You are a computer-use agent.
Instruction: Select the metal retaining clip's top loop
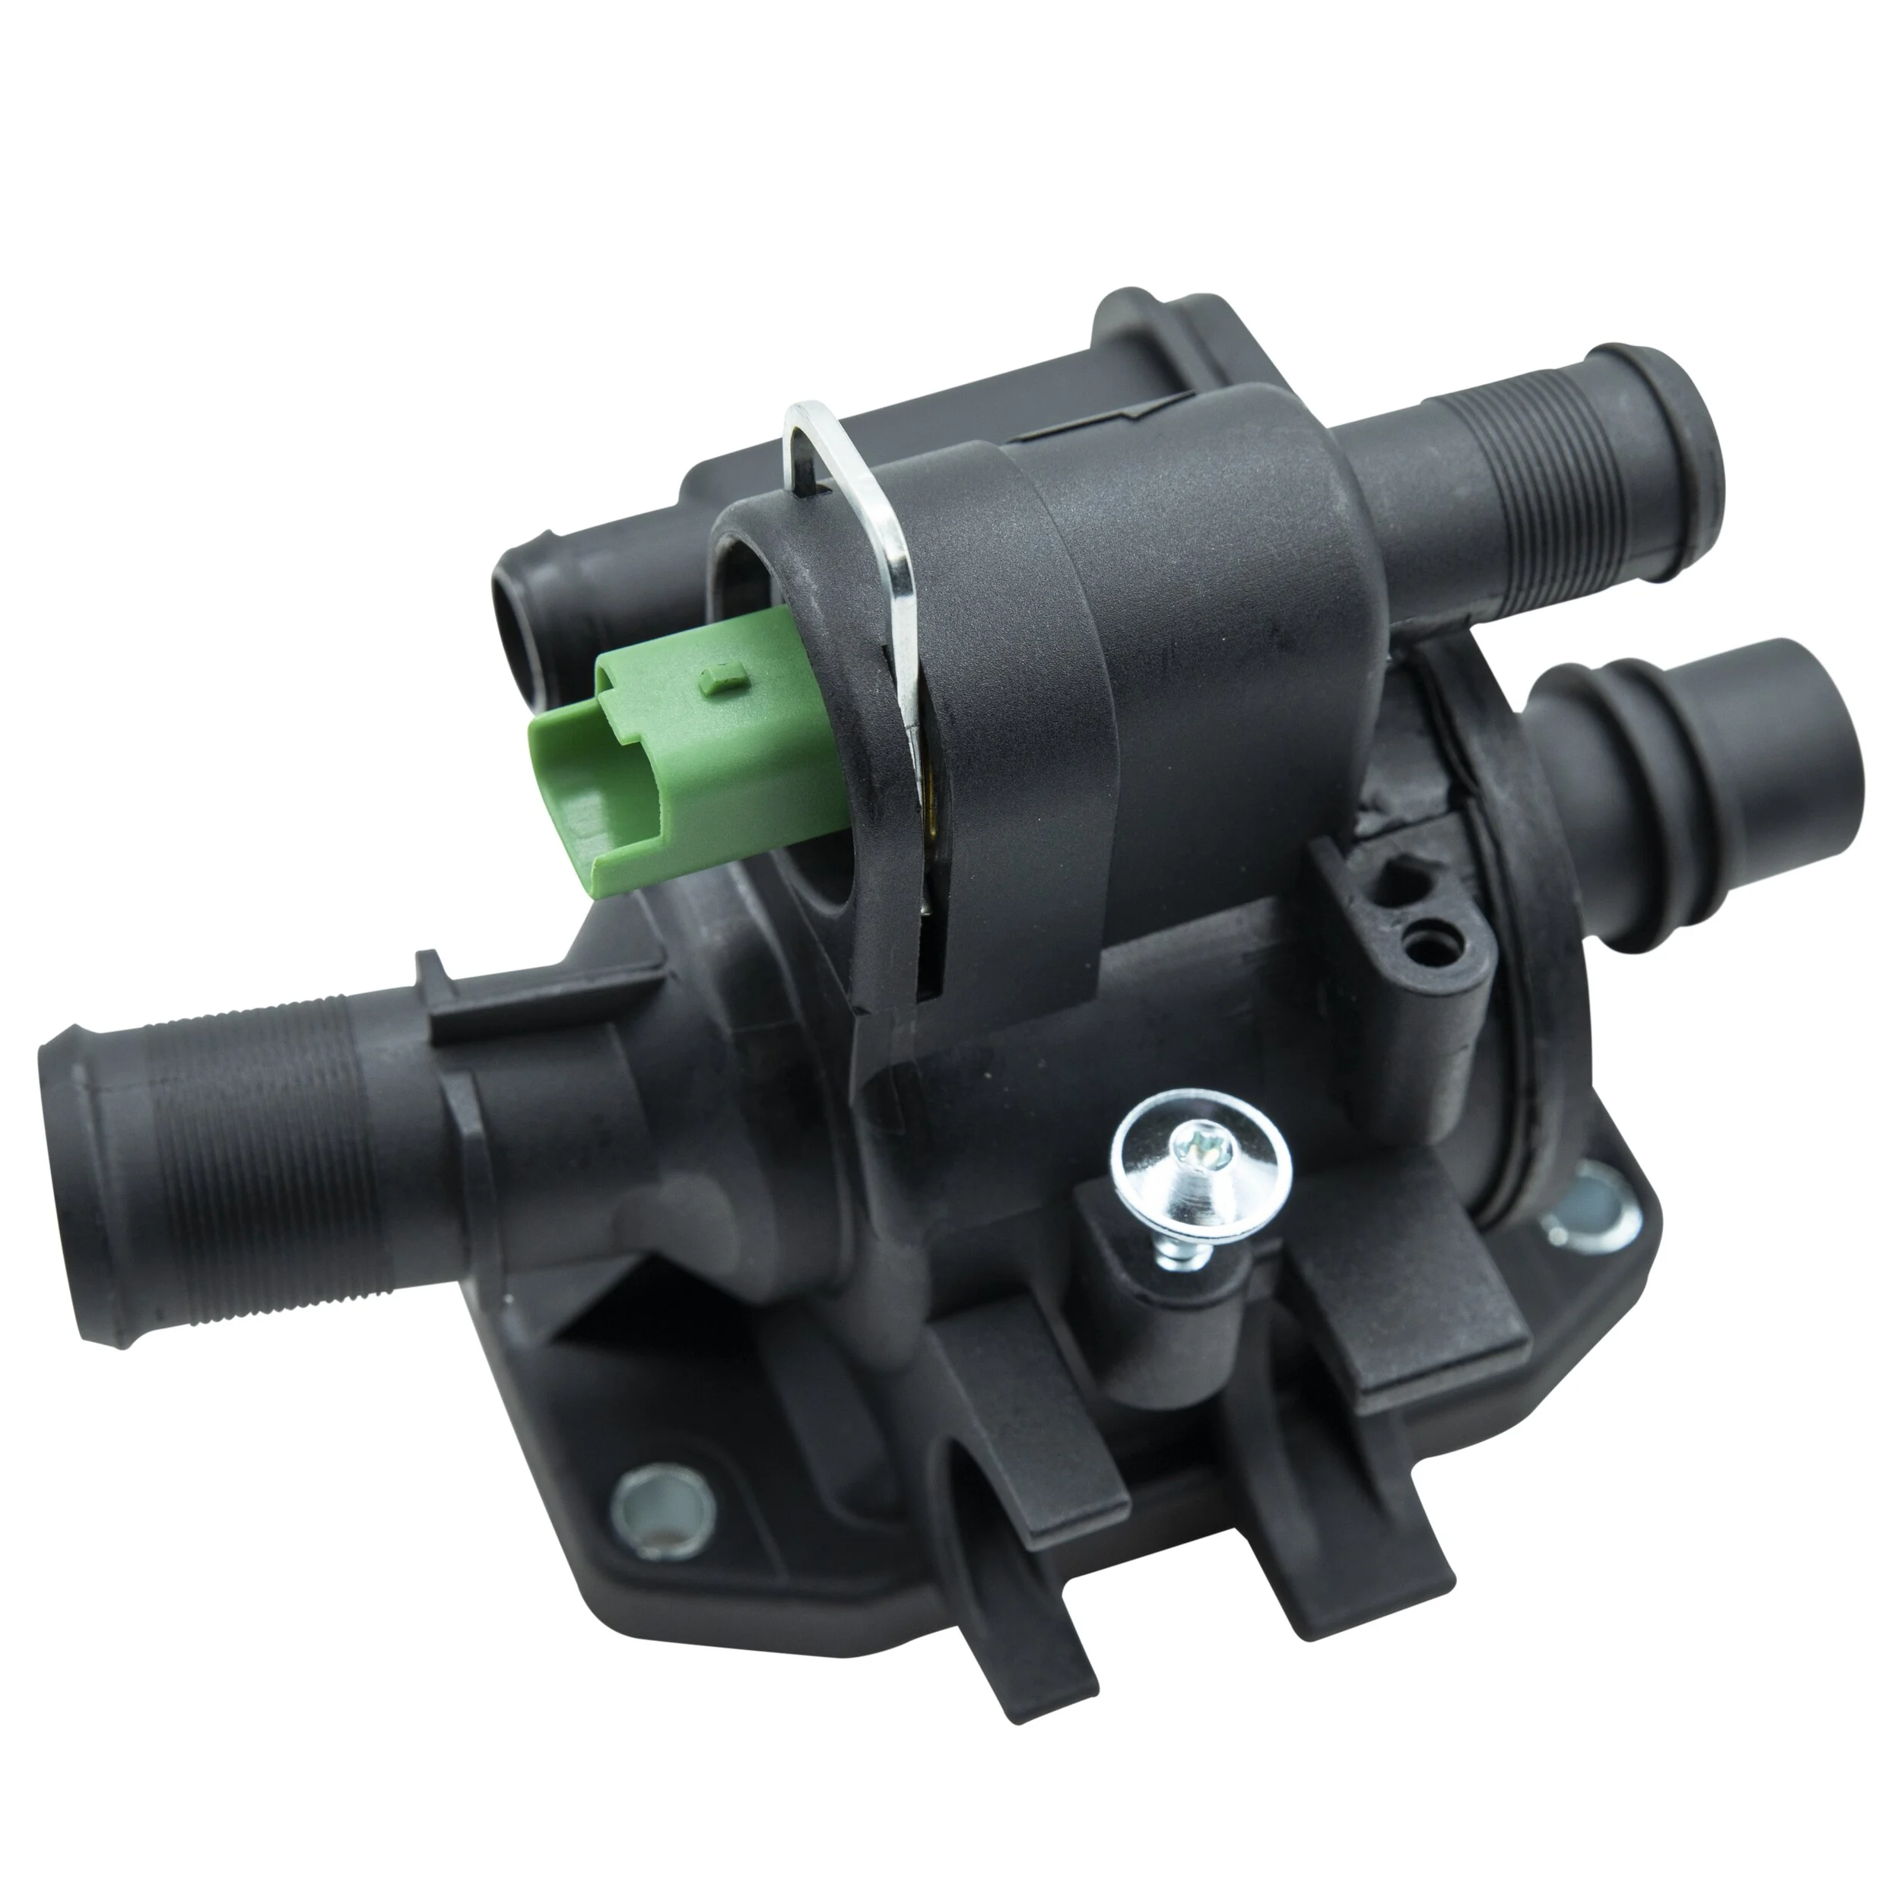809,433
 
